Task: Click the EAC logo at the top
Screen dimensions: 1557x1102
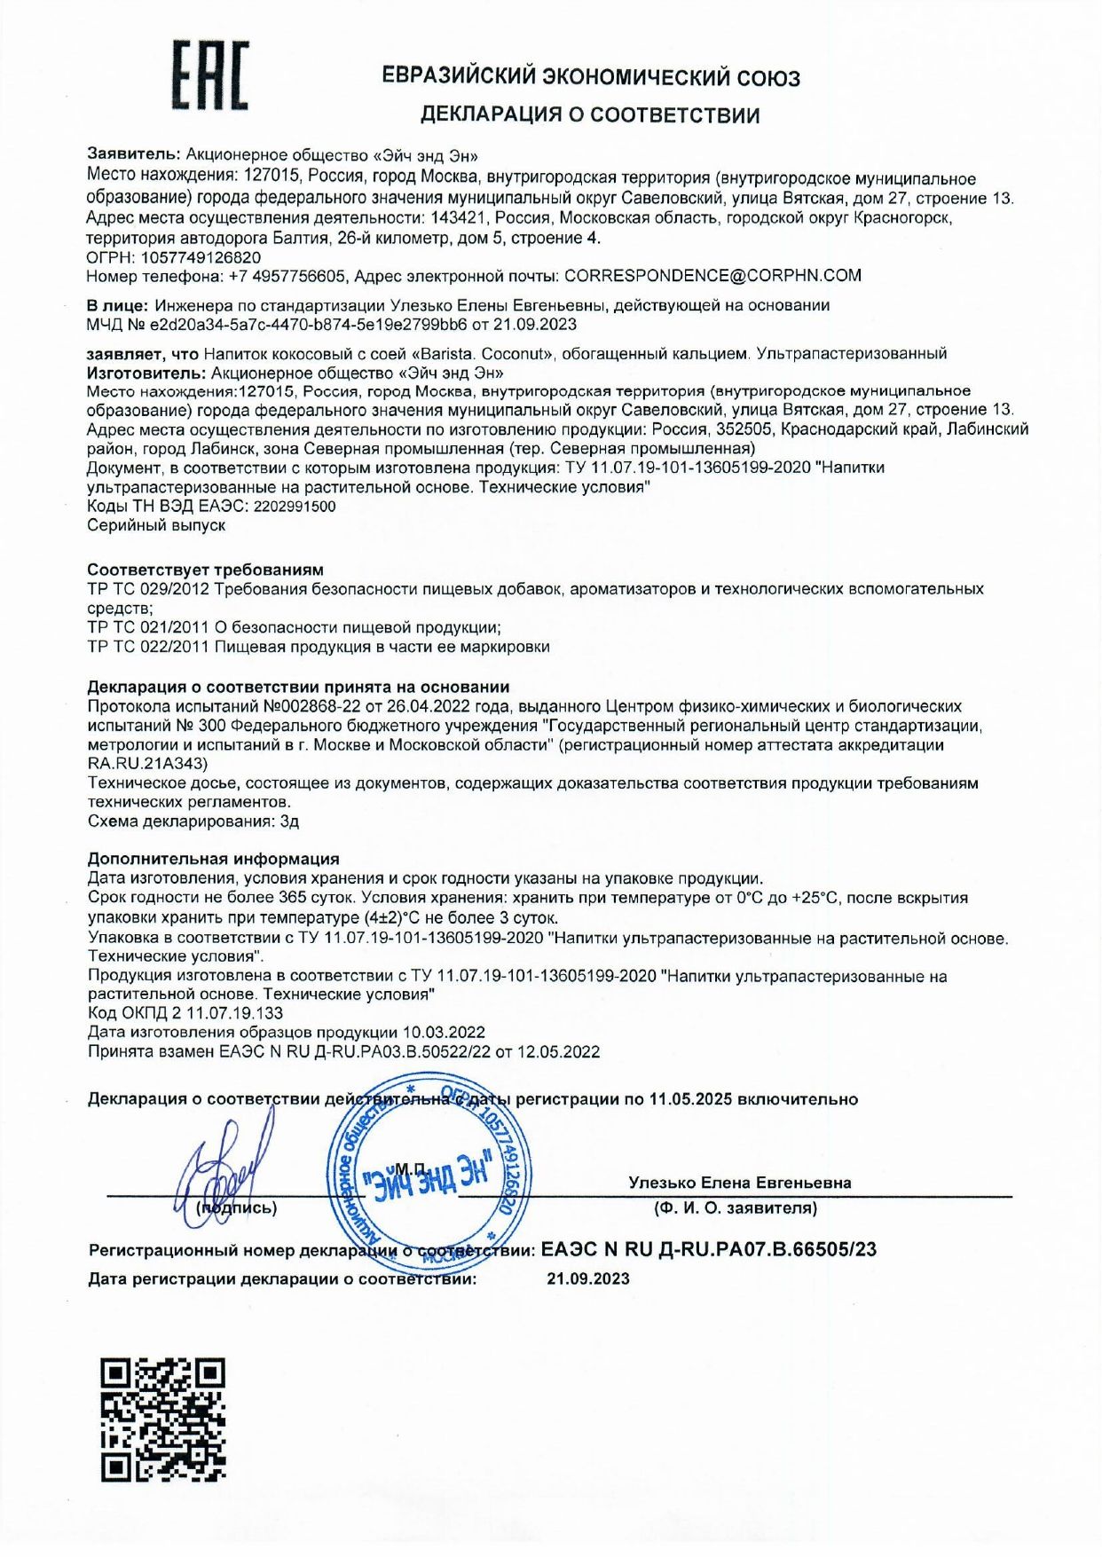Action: point(210,75)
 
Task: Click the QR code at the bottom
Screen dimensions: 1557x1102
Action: point(162,1419)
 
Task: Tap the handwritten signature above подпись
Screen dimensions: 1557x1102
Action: point(222,1171)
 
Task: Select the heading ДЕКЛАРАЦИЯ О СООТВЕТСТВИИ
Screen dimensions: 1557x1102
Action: point(590,114)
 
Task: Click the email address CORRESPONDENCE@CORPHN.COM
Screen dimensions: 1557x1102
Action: point(712,276)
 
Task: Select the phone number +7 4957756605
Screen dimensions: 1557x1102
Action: point(287,276)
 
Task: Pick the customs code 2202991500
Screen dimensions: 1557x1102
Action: point(295,507)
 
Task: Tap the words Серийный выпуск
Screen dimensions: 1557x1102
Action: point(156,525)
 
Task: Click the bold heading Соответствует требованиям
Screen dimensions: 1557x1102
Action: point(205,570)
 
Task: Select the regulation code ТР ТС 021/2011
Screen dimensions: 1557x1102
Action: point(148,627)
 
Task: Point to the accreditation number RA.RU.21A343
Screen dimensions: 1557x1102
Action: point(147,763)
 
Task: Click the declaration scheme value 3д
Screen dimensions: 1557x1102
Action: point(289,822)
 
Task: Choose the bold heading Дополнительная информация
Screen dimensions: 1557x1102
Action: point(213,859)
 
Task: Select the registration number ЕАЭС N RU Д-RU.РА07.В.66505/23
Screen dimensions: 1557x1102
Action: point(708,1249)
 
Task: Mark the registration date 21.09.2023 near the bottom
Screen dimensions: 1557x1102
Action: point(588,1278)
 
